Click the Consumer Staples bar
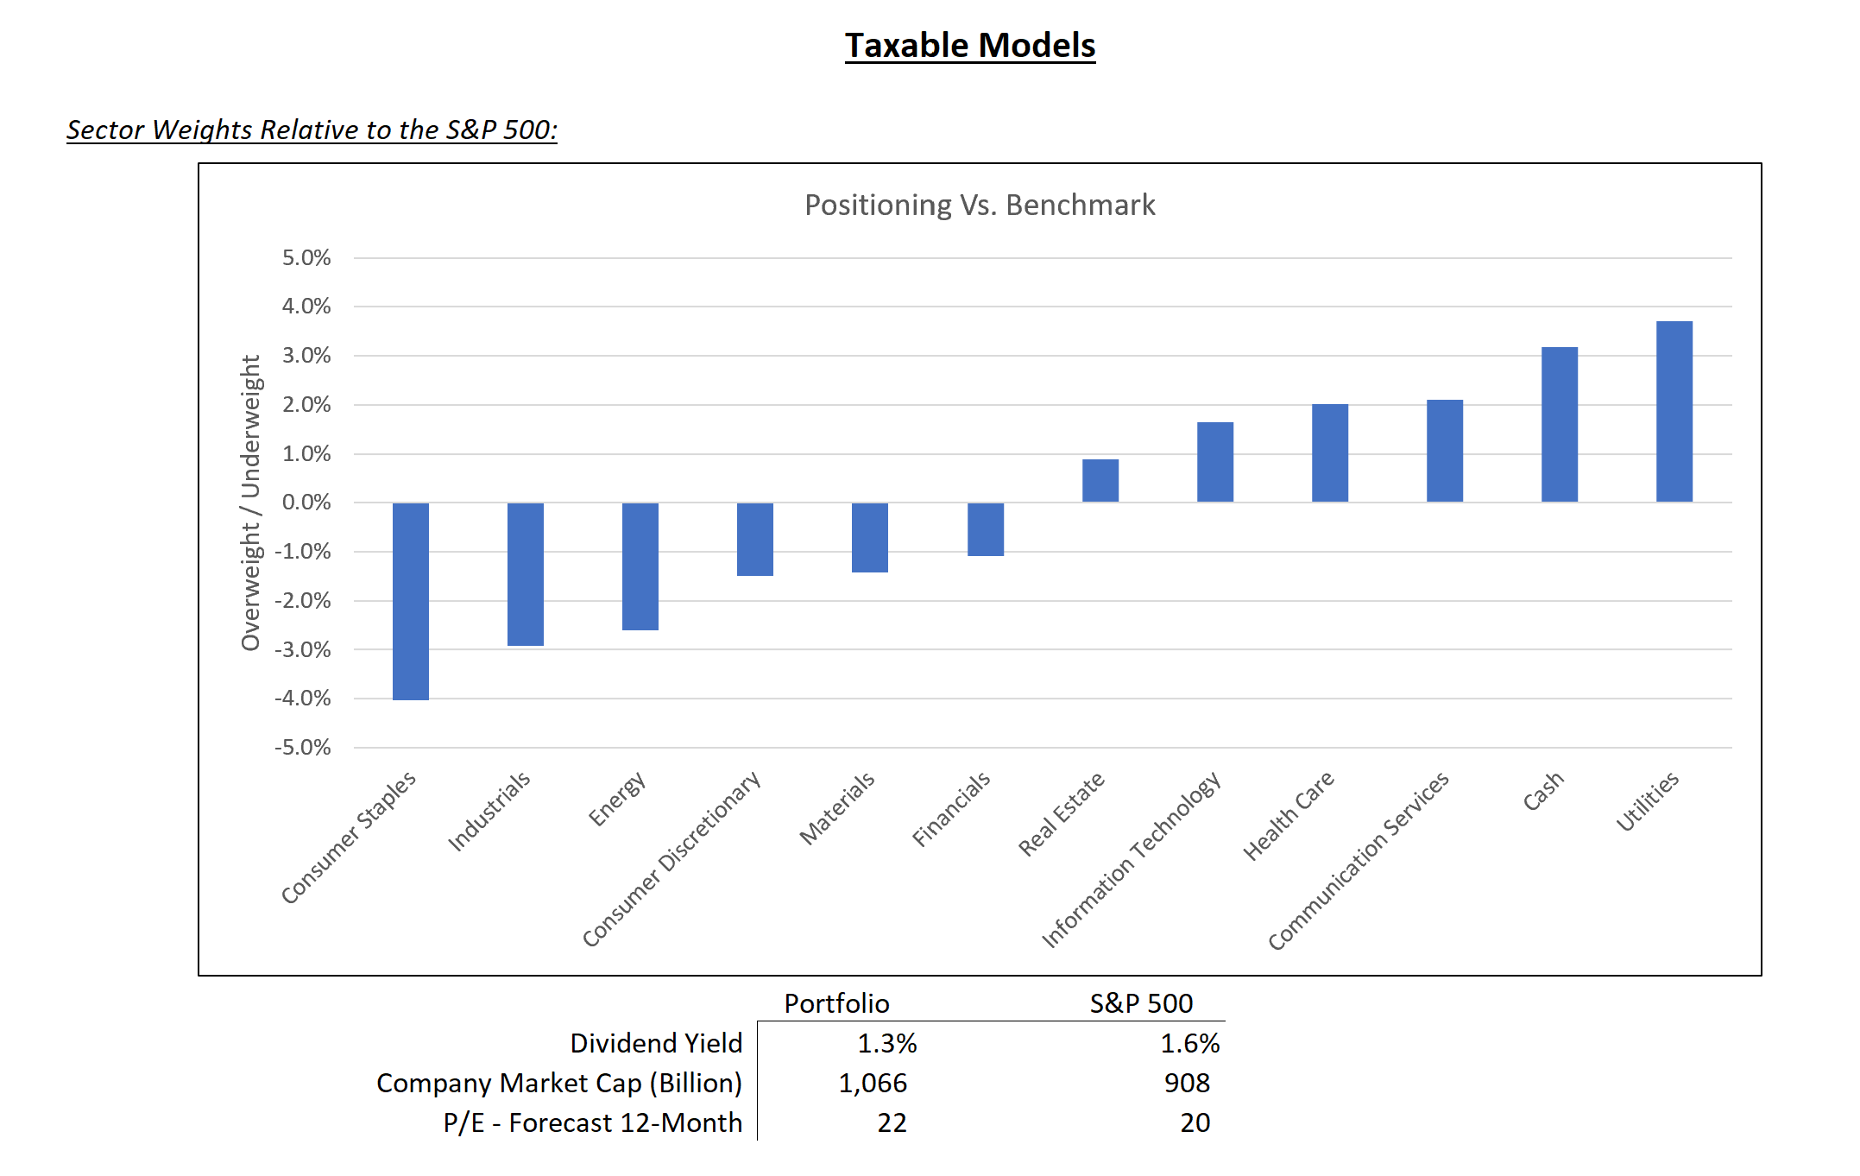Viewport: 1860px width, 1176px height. pyautogui.click(x=411, y=601)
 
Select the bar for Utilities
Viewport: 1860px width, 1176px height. pyautogui.click(x=1674, y=411)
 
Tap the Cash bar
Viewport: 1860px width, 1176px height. pyautogui.click(x=1559, y=424)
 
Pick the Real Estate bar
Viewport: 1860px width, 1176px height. pyautogui.click(x=1100, y=480)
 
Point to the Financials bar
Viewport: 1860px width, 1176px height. pyautogui.click(x=985, y=529)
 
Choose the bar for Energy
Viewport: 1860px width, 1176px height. pyautogui.click(x=640, y=566)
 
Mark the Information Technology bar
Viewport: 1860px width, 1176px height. pyautogui.click(x=1214, y=462)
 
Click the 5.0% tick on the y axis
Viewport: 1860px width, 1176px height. pyautogui.click(x=306, y=258)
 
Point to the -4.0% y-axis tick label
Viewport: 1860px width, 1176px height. pyautogui.click(x=303, y=699)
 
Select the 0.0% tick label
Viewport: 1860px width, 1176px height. pyautogui.click(x=306, y=503)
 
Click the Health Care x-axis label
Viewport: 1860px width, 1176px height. pyautogui.click(x=1288, y=816)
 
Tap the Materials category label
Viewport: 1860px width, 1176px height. pyautogui.click(x=836, y=809)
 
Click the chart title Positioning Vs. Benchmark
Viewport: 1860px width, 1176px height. pyautogui.click(x=980, y=205)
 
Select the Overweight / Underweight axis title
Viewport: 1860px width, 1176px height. pyautogui.click(x=250, y=503)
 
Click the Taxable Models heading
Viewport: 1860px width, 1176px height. pyautogui.click(x=970, y=46)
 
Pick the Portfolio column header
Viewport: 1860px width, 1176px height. pyautogui.click(x=836, y=1003)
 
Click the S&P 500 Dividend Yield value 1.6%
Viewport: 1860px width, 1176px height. pyautogui.click(x=1189, y=1044)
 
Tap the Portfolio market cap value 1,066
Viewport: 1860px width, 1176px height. pyautogui.click(x=873, y=1084)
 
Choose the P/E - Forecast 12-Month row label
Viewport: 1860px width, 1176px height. pyautogui.click(x=592, y=1123)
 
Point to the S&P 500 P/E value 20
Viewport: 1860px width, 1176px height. pyautogui.click(x=1195, y=1123)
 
